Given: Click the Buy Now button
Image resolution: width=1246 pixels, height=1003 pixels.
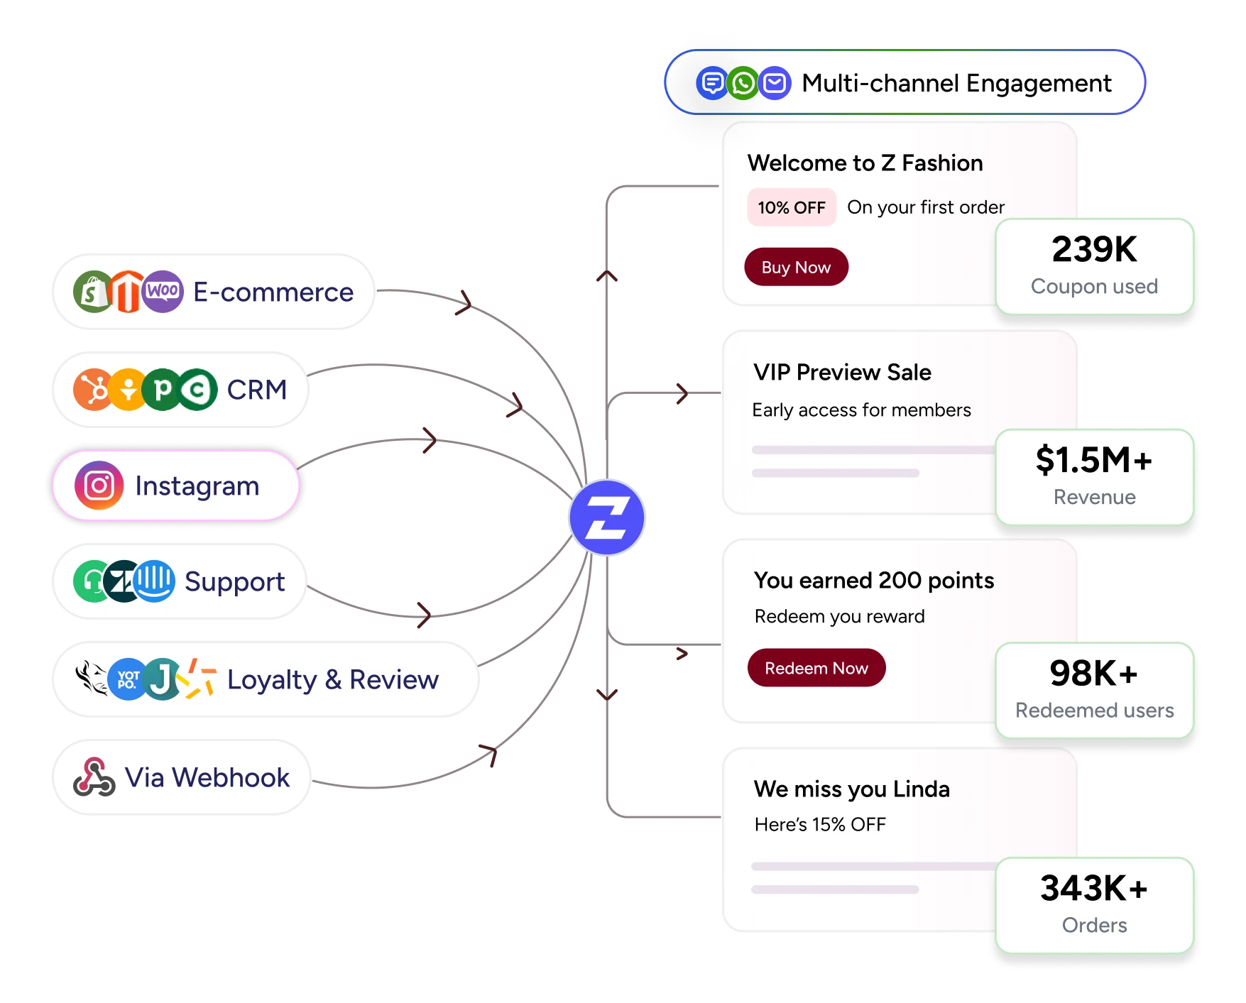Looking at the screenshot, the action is point(796,267).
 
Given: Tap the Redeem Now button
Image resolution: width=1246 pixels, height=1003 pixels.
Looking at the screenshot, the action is point(816,668).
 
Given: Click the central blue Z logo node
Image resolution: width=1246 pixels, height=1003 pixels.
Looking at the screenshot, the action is point(607,517).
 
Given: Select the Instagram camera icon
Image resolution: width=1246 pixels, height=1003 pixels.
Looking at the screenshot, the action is point(99,486).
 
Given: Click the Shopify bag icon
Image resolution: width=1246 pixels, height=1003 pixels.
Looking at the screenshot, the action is point(93,292).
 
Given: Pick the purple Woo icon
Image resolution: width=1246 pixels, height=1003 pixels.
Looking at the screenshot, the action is point(163,292).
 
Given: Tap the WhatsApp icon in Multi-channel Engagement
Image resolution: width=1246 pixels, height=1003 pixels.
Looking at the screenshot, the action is point(743,83).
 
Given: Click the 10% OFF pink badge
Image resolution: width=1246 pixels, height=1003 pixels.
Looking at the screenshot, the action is point(792,207).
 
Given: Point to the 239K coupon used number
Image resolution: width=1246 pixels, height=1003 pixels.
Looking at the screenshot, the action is point(1094,249).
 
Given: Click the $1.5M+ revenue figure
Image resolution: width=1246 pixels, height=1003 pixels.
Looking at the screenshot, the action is point(1094,460).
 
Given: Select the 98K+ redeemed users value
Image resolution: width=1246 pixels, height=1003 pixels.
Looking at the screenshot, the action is point(1094,673).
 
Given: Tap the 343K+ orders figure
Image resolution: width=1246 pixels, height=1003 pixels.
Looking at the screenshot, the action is point(1094,888).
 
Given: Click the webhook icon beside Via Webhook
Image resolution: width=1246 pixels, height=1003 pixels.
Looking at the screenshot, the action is point(94,777).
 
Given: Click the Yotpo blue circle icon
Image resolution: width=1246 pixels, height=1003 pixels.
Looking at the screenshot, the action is point(128,679).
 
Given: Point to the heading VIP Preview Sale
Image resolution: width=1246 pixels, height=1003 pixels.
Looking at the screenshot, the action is point(842,372).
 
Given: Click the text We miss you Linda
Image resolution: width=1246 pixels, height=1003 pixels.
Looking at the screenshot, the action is point(852,789).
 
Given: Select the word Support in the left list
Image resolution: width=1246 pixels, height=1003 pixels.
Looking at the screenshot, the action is point(234,582).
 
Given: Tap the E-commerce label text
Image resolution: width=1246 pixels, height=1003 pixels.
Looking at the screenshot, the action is point(273,292).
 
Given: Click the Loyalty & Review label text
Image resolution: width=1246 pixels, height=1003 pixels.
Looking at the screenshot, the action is point(333,680).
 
